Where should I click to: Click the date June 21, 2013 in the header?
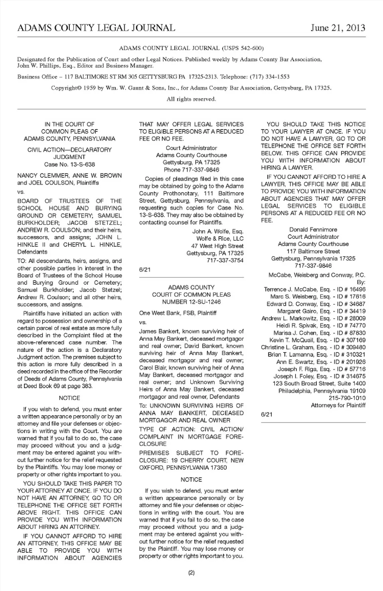tap(338, 28)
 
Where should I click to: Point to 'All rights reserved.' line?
tap(191, 99)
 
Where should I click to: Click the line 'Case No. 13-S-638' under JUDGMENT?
tap(69, 165)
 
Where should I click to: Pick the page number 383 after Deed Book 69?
tap(87, 386)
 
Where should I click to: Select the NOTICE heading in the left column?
tap(69, 398)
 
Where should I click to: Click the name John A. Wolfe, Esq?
tap(218, 232)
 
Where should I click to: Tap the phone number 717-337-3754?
tap(225, 261)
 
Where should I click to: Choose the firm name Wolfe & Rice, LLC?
tap(220, 239)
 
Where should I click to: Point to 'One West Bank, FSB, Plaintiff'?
tap(178, 313)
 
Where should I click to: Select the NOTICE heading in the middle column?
tap(191, 480)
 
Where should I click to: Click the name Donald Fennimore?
tap(313, 230)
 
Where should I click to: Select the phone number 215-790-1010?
tap(347, 398)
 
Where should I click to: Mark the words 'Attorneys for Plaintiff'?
tap(338, 405)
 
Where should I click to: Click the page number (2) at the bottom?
tap(191, 573)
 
